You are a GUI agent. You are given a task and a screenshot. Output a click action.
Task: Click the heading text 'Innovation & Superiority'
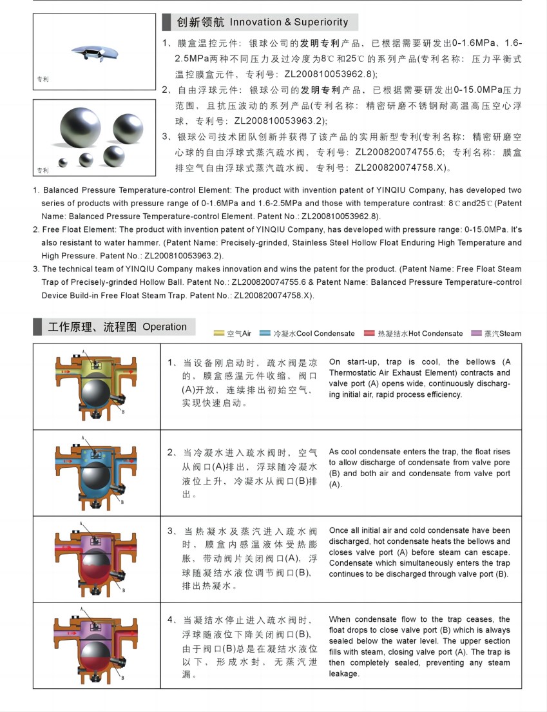[289, 23]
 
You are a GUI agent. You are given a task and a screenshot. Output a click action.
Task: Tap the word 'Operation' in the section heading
[164, 327]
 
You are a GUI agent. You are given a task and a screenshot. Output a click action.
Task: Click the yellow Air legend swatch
[219, 333]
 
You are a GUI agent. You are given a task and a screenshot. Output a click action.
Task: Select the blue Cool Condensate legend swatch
[265, 333]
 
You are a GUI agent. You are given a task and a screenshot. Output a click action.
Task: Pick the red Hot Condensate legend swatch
[369, 333]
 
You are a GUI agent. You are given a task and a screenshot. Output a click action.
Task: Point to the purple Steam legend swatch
[477, 333]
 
